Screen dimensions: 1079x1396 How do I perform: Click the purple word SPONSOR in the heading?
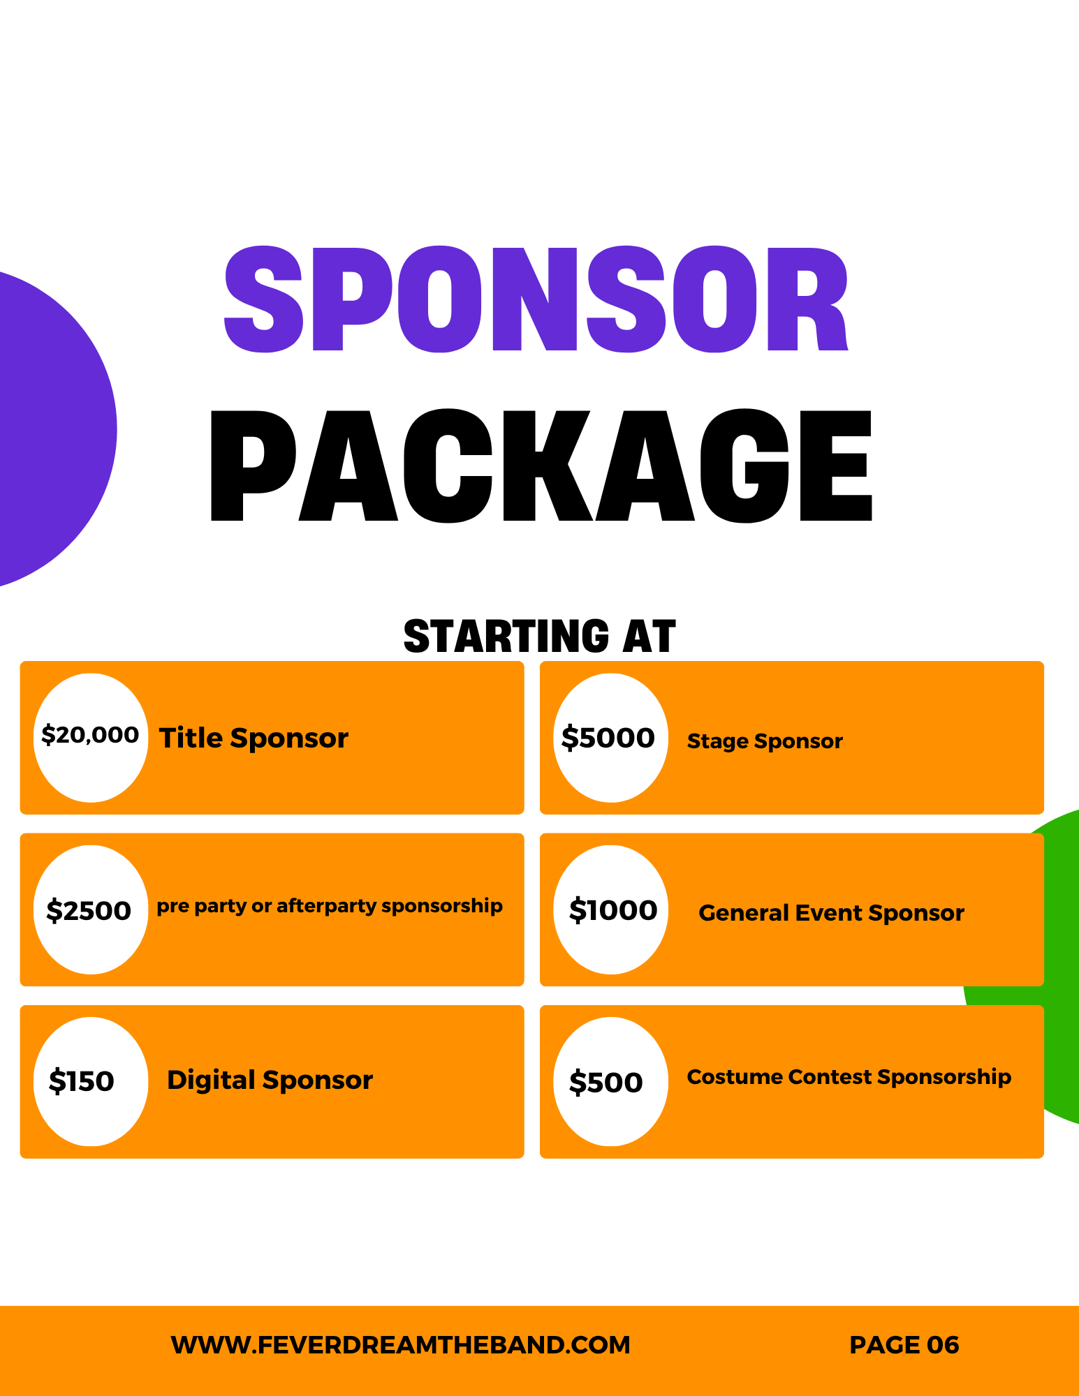coord(536,299)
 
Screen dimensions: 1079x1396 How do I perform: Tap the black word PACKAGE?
coord(541,466)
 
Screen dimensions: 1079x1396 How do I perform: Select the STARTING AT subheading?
coord(539,636)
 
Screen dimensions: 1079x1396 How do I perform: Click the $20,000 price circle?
coord(91,737)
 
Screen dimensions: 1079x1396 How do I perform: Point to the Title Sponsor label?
coord(254,738)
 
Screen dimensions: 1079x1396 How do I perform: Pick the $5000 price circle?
coord(610,737)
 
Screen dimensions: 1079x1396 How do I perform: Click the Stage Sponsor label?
coord(765,741)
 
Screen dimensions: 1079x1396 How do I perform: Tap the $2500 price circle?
coord(91,909)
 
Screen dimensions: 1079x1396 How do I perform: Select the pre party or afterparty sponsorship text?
coord(330,906)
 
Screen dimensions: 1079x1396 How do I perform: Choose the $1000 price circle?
coord(610,909)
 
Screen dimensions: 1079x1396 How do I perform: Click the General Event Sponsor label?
coord(831,913)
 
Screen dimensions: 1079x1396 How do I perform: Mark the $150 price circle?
coord(91,1081)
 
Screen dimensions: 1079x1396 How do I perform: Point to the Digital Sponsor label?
coord(270,1081)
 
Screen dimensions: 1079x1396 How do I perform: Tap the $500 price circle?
coord(610,1081)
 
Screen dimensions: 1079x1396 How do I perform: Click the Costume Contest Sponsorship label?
coord(849,1077)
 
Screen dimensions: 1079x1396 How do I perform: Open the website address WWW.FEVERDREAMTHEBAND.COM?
coord(400,1345)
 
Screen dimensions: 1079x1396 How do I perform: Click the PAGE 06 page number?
coord(904,1345)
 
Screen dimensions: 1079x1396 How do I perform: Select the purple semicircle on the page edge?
coord(52,429)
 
